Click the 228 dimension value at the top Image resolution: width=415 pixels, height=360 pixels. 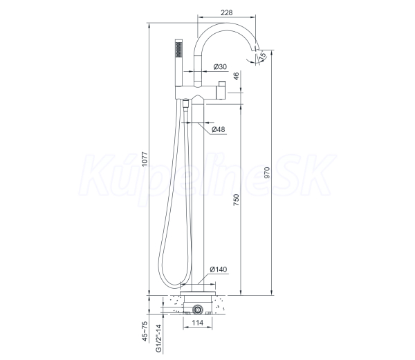point(227,12)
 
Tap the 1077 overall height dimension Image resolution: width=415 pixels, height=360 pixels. point(145,159)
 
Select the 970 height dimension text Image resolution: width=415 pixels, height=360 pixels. point(267,172)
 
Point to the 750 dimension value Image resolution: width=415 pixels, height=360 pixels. point(236,200)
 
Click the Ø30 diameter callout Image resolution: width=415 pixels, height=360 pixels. point(220,66)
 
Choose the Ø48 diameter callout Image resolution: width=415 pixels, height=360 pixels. point(219,129)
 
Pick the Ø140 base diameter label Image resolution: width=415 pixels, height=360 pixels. point(219,269)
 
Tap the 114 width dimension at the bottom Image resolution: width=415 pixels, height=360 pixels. point(197,323)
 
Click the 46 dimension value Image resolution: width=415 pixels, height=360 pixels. point(236,76)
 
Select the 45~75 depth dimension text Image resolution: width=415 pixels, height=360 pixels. point(145,331)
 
